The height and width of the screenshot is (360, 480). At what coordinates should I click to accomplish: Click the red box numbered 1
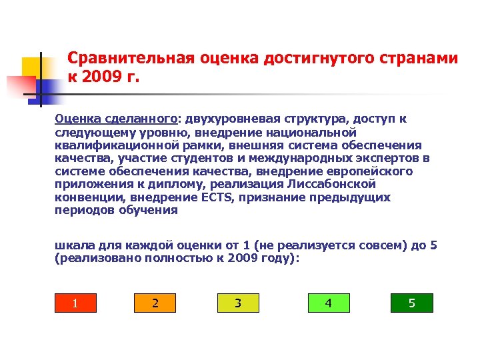pos(75,303)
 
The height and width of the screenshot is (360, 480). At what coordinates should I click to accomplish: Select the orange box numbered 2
pos(155,303)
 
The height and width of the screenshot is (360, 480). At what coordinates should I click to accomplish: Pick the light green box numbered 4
pos(328,303)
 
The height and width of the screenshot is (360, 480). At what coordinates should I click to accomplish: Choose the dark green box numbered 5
pos(411,303)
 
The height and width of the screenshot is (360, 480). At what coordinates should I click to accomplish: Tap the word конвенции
pos(85,198)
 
